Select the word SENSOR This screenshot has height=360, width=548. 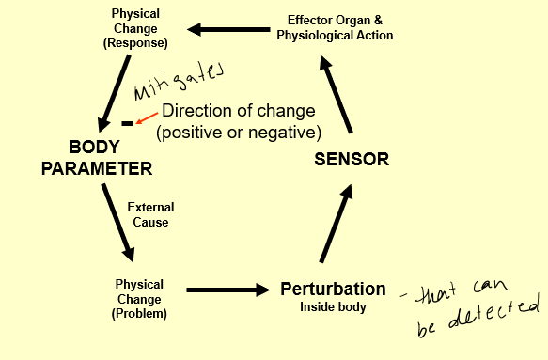click(351, 159)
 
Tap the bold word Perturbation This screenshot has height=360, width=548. click(333, 290)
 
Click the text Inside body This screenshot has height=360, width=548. click(333, 307)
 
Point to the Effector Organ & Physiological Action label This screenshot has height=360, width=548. click(335, 27)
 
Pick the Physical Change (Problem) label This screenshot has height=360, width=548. click(139, 298)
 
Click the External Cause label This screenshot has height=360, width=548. click(150, 215)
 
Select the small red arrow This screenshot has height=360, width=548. click(144, 118)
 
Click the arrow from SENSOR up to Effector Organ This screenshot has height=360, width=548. click(336, 93)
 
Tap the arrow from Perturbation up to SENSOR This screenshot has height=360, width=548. click(336, 224)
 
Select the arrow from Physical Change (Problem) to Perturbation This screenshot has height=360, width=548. click(227, 291)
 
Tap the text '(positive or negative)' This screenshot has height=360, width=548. click(239, 132)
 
